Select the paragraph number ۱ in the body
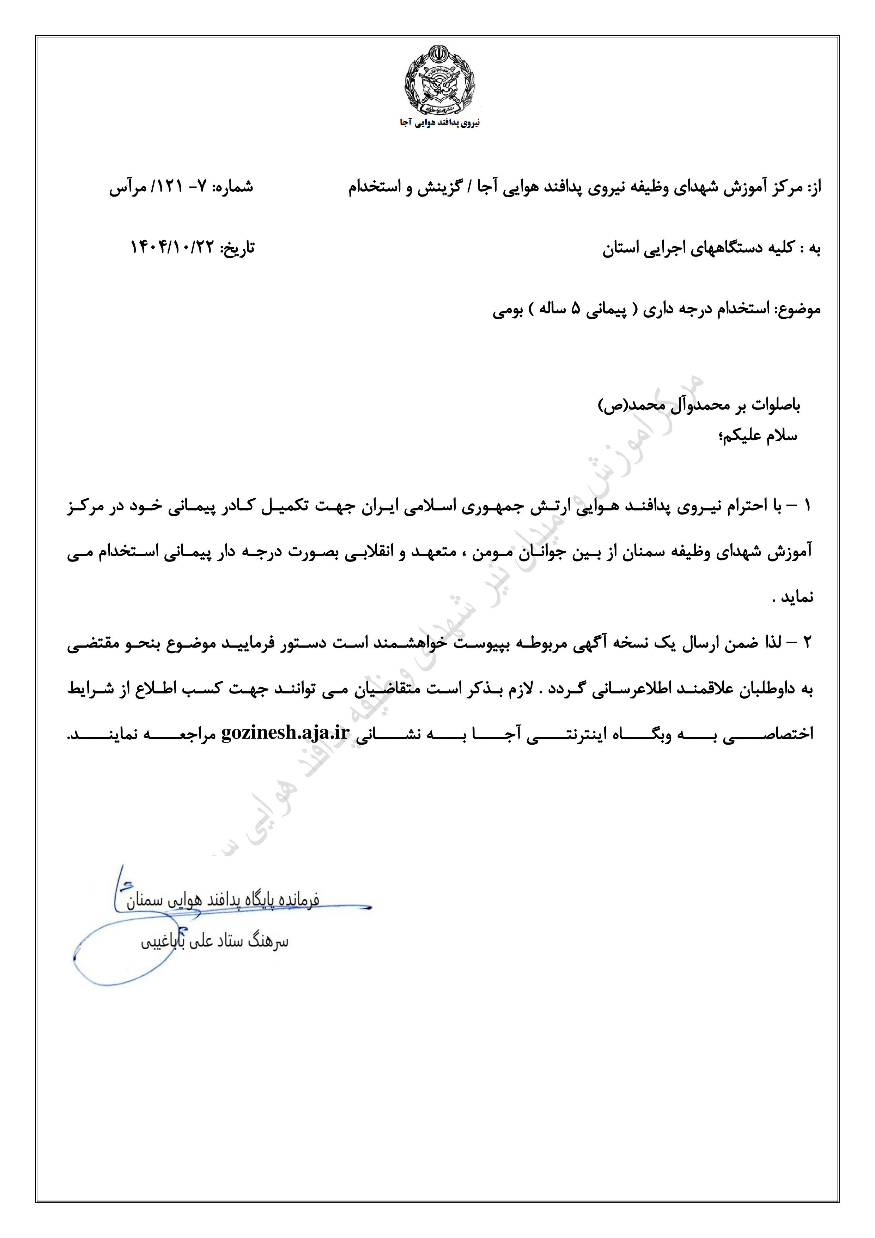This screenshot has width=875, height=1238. coord(807,506)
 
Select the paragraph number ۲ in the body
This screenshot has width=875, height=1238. coord(807,643)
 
